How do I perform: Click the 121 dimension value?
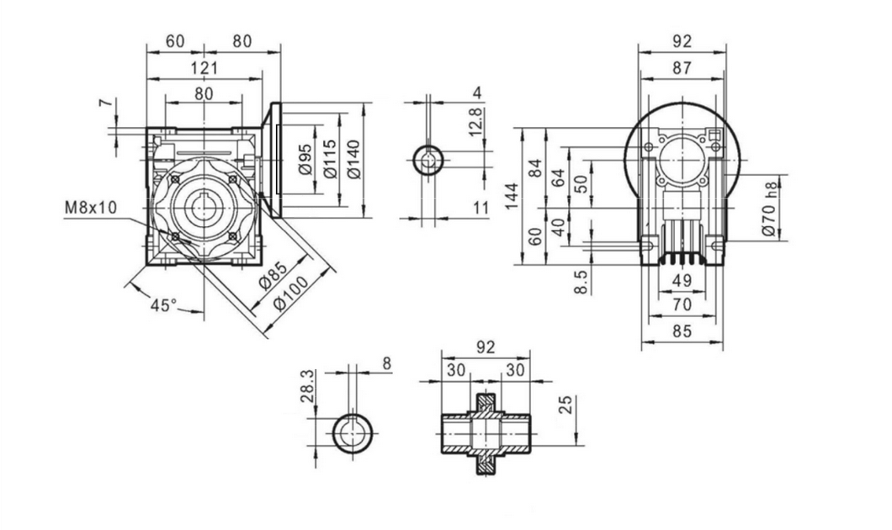click(204, 67)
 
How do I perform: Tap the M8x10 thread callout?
click(91, 207)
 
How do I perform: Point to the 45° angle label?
click(163, 305)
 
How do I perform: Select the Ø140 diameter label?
click(353, 160)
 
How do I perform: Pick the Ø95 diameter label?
click(305, 159)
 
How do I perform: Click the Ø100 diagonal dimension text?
click(290, 293)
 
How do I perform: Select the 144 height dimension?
click(512, 196)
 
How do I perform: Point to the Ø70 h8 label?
click(768, 209)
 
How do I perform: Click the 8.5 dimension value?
click(581, 282)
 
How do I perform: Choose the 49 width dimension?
click(682, 280)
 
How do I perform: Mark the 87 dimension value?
click(682, 67)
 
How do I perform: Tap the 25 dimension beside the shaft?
click(566, 405)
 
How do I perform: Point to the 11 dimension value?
click(481, 208)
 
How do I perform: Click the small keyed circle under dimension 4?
click(429, 160)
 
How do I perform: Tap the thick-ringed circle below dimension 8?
click(352, 434)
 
